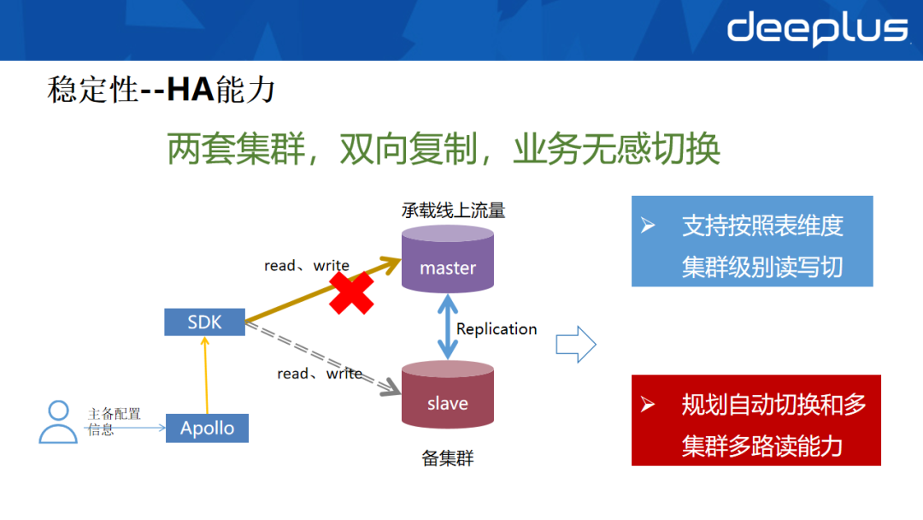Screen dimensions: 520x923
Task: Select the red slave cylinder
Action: click(447, 395)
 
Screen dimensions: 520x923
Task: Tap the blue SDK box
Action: click(204, 322)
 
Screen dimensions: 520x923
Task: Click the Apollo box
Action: click(207, 428)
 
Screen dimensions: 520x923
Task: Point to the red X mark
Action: click(351, 292)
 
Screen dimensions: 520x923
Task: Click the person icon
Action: click(57, 422)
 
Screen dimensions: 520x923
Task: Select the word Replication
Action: click(497, 329)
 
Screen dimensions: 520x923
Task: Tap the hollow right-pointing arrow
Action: click(575, 344)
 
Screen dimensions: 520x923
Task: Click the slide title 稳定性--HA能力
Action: click(162, 89)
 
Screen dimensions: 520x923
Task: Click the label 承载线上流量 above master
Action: click(453, 210)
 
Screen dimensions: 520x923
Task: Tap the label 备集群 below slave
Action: click(447, 458)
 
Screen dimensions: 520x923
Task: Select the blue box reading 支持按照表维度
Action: click(751, 241)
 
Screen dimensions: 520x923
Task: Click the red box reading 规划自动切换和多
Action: click(755, 420)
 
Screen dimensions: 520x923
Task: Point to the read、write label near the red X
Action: click(306, 266)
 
